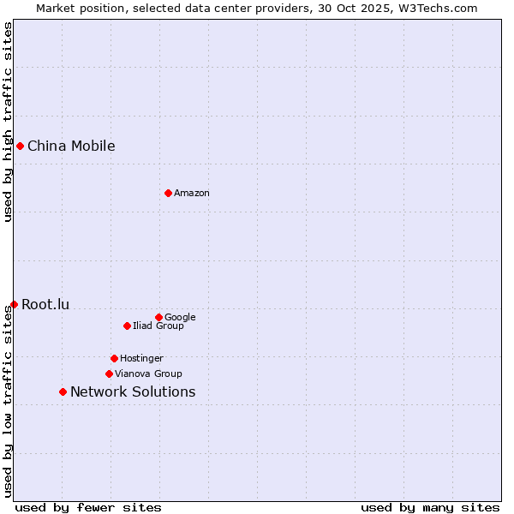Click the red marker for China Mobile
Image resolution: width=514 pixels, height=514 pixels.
(20, 146)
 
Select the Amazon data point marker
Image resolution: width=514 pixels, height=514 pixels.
(168, 193)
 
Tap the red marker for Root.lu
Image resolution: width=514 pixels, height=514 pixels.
(14, 304)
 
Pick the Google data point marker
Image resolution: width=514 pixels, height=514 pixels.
(158, 317)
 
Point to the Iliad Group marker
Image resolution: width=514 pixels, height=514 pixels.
(127, 326)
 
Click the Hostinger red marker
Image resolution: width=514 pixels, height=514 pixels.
(114, 358)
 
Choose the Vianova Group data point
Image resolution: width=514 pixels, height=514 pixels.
(109, 374)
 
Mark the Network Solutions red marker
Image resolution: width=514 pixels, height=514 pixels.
(63, 391)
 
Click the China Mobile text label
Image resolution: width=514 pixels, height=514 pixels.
(71, 146)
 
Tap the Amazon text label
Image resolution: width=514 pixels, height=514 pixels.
(192, 193)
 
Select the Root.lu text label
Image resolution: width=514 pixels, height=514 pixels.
(45, 304)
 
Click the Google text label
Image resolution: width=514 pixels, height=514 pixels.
(180, 317)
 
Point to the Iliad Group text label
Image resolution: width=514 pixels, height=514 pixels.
(158, 326)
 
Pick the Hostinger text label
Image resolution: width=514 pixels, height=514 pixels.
(141, 358)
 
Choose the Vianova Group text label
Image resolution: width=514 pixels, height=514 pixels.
(148, 374)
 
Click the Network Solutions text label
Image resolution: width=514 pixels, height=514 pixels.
(133, 391)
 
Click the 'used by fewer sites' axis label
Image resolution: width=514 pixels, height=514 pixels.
(88, 507)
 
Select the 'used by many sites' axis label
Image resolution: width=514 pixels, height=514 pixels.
(430, 507)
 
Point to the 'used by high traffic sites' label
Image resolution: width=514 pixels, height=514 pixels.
(8, 122)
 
